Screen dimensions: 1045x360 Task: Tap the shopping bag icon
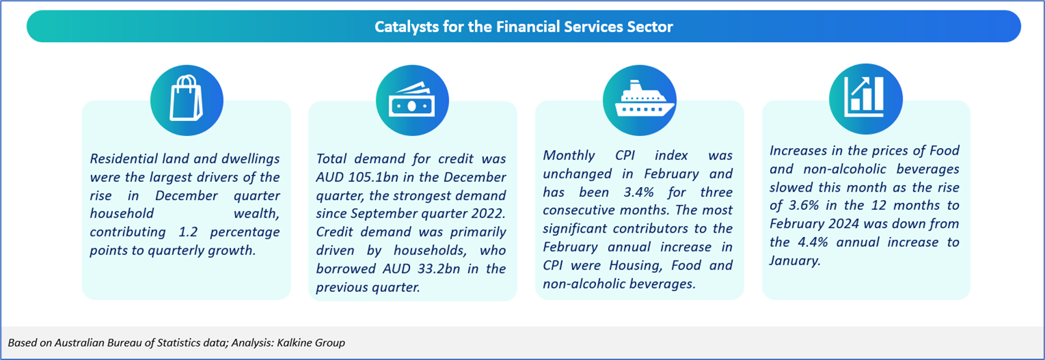tap(186, 98)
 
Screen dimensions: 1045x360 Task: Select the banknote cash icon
tap(412, 101)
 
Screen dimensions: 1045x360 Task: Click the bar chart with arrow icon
tap(864, 97)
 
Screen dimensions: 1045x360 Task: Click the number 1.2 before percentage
tap(188, 232)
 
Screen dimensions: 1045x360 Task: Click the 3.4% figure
tap(639, 192)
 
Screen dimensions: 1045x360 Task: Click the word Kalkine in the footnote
tap(294, 342)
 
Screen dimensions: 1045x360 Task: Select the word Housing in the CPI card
tap(635, 266)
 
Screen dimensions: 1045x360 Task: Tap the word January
tap(794, 261)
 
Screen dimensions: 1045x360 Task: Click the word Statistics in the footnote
tap(179, 342)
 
